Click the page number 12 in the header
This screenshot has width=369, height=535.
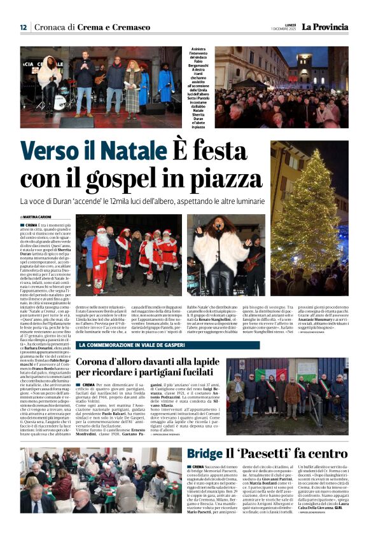click(x=23, y=27)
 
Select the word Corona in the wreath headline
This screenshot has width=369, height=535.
click(x=99, y=362)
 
